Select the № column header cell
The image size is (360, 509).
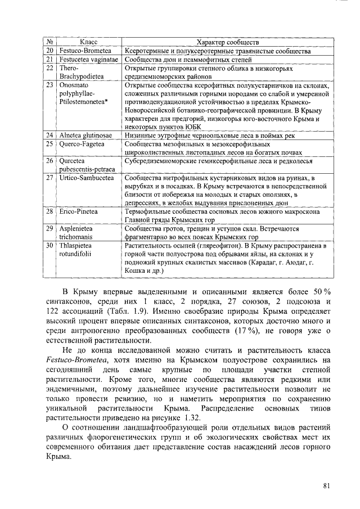[49, 42]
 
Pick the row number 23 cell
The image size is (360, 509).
[49, 84]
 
